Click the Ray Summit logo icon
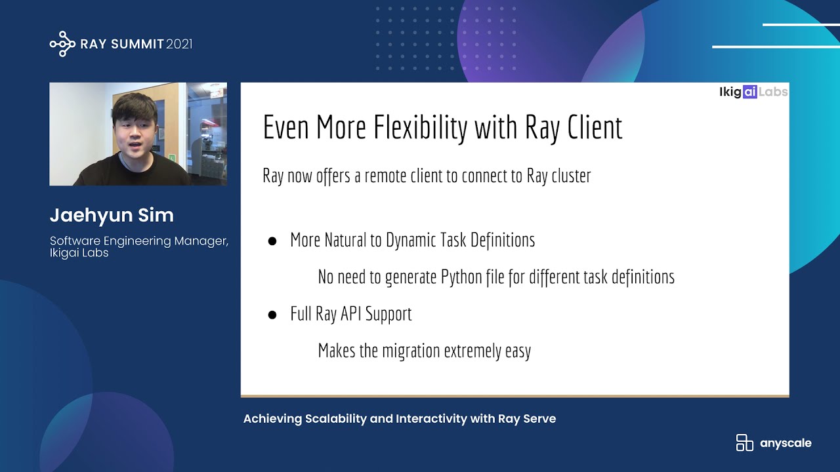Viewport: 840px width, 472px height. coord(62,44)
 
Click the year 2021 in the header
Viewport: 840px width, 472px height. coord(179,45)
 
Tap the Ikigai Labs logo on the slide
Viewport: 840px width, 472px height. coord(753,92)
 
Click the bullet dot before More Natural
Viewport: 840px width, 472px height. coord(272,241)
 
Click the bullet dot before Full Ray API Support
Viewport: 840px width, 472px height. coord(272,315)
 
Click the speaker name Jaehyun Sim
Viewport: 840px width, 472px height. coord(112,215)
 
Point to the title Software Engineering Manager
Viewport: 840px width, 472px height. coord(138,241)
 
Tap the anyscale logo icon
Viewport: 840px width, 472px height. coord(744,442)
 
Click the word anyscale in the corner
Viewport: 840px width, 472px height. coord(786,443)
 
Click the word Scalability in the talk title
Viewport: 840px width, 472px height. coord(335,419)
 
